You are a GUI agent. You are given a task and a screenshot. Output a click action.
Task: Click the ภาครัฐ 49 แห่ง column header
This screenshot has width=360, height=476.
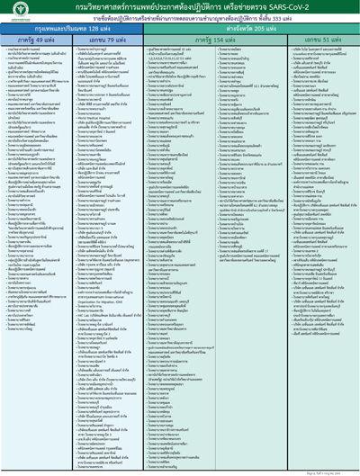[x=34, y=40]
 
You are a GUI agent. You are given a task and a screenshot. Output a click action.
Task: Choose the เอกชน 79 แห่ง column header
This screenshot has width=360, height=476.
[x=102, y=40]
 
